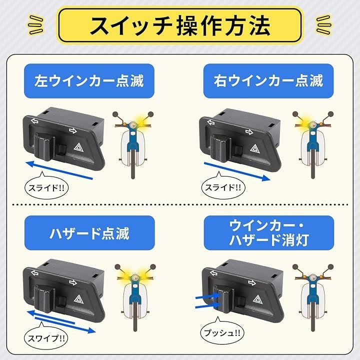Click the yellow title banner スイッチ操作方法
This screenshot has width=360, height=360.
coord(180,25)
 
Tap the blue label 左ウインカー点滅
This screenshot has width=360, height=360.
coord(89,81)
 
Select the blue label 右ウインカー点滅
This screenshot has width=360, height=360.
coord(268,81)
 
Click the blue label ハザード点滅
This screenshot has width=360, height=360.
coord(89,233)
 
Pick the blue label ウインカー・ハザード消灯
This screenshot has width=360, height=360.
coord(269,233)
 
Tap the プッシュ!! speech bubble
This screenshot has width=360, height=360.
coord(222,332)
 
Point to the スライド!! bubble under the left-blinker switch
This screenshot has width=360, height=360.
coord(46,187)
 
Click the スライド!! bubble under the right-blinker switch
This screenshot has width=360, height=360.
coord(223,187)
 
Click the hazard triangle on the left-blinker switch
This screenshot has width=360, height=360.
coord(79,147)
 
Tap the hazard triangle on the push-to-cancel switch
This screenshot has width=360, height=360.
coord(257,299)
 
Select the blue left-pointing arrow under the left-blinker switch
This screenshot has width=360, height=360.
coord(59,170)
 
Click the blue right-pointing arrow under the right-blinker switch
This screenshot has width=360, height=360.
coord(237,171)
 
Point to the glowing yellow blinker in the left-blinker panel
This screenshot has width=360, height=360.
coord(140,121)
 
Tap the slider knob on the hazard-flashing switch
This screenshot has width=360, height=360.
coord(44,298)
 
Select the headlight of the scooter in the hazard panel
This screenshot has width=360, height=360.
coord(135,277)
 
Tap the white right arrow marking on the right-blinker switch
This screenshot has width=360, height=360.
coord(249,132)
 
